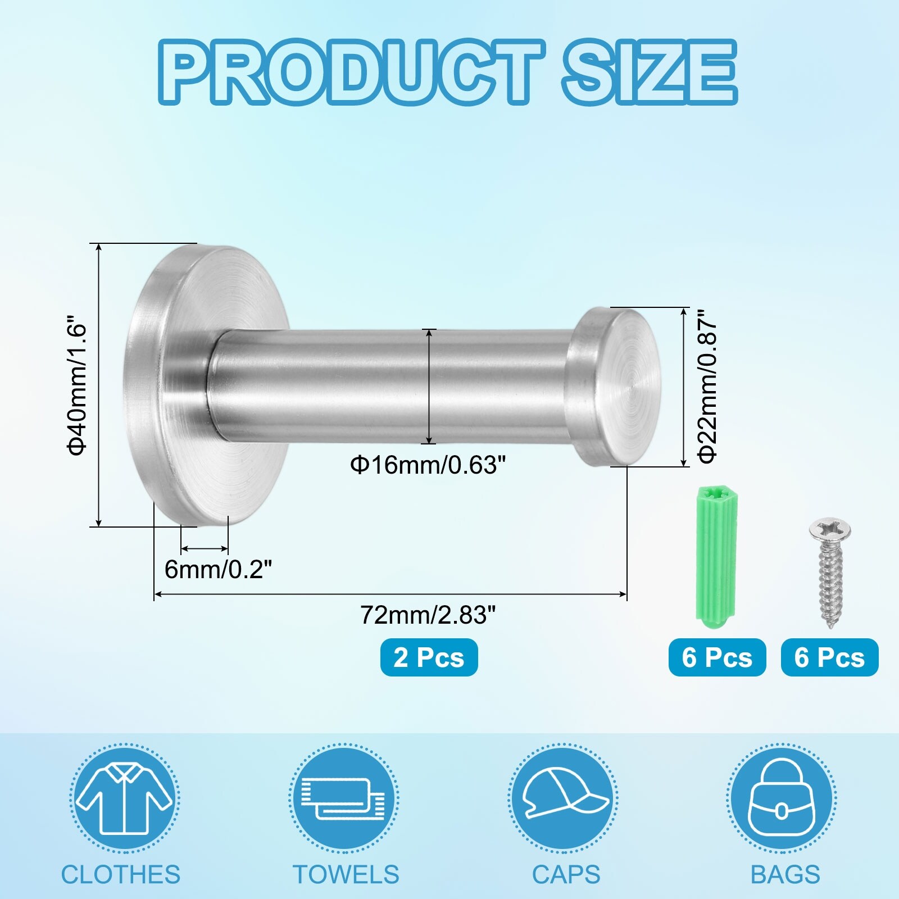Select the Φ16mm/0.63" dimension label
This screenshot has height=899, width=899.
pyautogui.click(x=428, y=465)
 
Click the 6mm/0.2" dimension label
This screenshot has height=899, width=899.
pyautogui.click(x=218, y=570)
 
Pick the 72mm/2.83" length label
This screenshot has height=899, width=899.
pyautogui.click(x=428, y=615)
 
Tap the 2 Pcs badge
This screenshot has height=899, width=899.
pyautogui.click(x=429, y=657)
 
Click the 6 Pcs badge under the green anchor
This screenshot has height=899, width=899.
pyautogui.click(x=717, y=657)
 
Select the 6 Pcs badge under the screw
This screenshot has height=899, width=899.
pyautogui.click(x=829, y=657)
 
